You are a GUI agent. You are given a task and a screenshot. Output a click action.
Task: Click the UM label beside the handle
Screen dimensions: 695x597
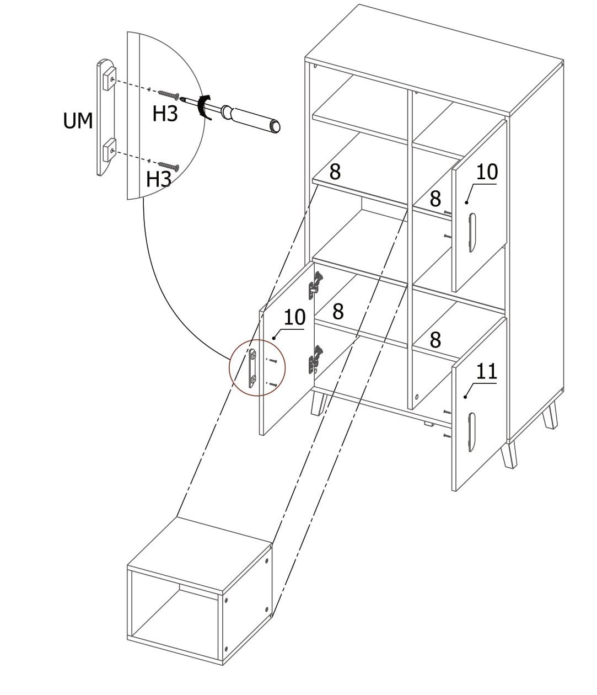click(78, 120)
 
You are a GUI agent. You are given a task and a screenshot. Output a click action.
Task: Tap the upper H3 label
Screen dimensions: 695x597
click(165, 114)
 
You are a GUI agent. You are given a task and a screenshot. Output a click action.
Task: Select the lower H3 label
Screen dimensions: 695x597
click(158, 179)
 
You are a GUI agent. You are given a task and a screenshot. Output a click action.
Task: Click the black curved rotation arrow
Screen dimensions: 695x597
click(205, 106)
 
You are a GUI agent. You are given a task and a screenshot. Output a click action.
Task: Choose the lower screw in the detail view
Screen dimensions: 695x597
click(169, 165)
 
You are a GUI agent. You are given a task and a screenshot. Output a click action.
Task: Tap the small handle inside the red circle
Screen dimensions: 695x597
click(253, 366)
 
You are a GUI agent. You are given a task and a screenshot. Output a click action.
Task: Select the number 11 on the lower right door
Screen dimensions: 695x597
click(487, 371)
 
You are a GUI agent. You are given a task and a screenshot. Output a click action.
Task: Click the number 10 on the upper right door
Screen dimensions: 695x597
click(487, 172)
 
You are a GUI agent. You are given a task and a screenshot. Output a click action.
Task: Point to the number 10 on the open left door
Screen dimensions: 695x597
click(294, 317)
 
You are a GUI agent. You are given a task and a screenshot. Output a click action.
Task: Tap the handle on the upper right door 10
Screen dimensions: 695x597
click(471, 232)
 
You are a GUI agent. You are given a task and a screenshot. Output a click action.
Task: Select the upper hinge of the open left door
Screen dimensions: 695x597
click(315, 281)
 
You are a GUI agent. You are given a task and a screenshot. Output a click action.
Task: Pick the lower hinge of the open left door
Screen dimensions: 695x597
click(314, 358)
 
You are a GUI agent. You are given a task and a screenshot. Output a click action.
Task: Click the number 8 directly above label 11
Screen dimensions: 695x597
click(435, 340)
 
